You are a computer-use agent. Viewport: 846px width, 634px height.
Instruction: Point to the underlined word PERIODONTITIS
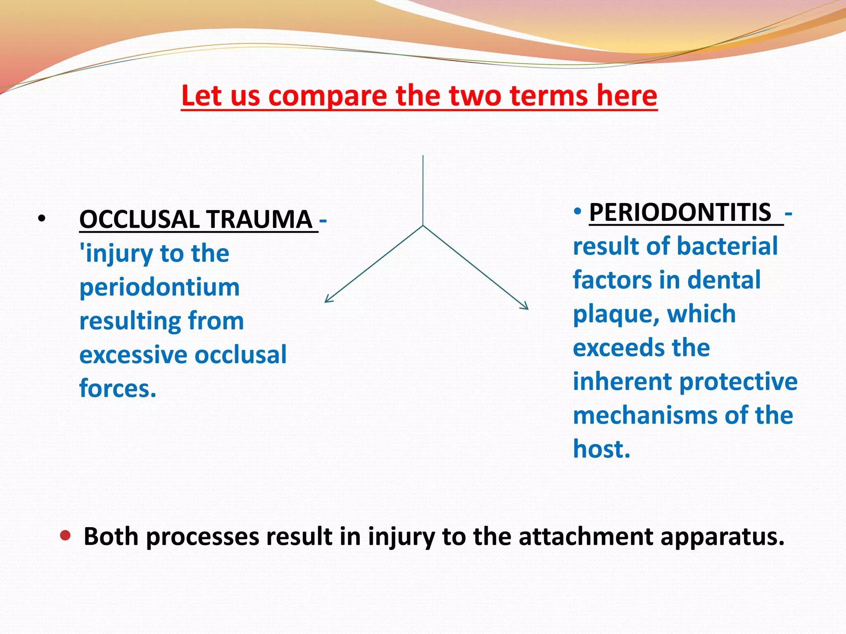(680, 213)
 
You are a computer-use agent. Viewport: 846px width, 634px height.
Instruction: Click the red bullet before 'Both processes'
(65, 536)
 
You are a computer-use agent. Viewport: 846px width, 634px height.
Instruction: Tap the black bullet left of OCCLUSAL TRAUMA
(41, 219)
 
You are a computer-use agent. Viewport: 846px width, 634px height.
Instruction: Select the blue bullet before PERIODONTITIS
(577, 212)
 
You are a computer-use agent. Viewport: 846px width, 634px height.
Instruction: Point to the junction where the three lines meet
(423, 225)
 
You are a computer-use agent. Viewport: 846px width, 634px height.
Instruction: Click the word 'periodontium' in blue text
(159, 287)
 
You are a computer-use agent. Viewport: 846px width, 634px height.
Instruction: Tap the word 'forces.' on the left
(118, 389)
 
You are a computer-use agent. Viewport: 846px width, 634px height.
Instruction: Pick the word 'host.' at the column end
(601, 449)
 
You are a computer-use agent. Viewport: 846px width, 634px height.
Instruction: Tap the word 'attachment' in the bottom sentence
(585, 537)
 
